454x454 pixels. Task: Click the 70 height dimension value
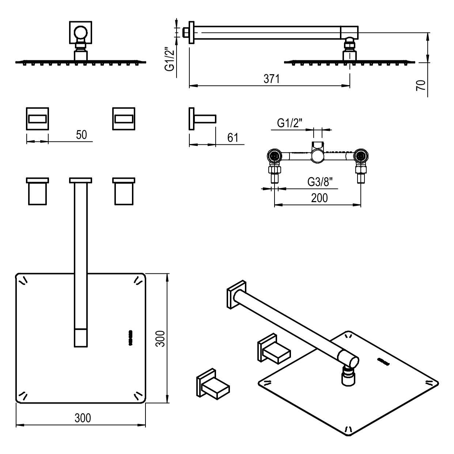point(421,86)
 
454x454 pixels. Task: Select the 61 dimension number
point(232,138)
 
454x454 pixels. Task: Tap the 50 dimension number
point(82,135)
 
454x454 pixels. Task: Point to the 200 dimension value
point(319,198)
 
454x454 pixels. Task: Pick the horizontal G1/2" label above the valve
point(290,123)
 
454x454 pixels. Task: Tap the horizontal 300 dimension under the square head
point(82,417)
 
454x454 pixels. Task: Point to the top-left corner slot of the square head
point(23,280)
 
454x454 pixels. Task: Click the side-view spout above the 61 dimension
point(203,118)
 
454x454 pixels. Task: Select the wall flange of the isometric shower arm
point(237,295)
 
